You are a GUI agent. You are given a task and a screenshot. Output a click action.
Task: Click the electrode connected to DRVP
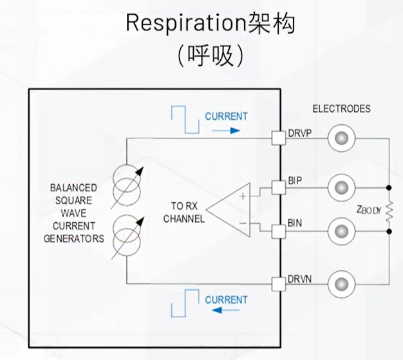[x=341, y=138]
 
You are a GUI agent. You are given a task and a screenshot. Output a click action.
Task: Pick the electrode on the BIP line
[x=341, y=188]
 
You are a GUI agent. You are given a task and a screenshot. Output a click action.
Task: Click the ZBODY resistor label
[x=368, y=209]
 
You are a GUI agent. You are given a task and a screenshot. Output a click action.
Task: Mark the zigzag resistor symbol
[x=389, y=209]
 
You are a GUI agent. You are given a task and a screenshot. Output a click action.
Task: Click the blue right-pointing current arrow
[x=226, y=129]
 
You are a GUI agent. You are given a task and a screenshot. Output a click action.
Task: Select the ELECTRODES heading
[x=341, y=109]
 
